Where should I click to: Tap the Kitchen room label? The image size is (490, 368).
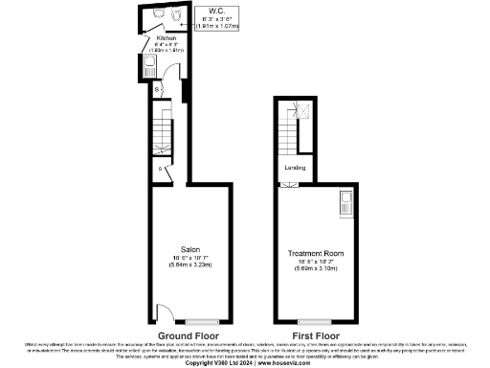click(x=167, y=38)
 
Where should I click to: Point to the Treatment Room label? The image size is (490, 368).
click(x=315, y=253)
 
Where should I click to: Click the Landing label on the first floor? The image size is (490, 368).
click(x=295, y=167)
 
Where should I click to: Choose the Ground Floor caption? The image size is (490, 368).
click(x=186, y=336)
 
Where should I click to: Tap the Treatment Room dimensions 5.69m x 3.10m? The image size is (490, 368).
click(x=315, y=268)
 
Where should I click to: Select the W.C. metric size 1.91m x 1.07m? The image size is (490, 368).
click(x=219, y=26)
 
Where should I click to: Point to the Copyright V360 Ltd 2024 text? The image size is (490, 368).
click(x=217, y=362)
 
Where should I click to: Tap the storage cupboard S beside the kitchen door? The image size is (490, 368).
click(x=158, y=89)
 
